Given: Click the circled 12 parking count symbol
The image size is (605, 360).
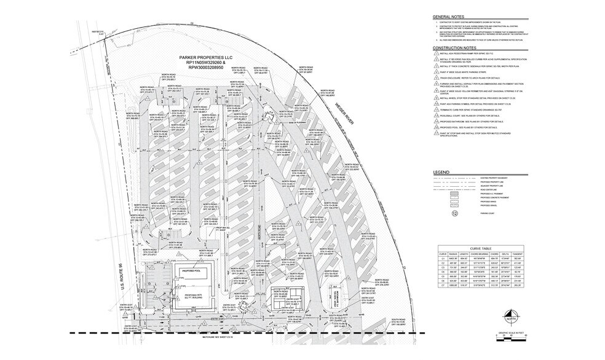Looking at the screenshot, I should [455, 214].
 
